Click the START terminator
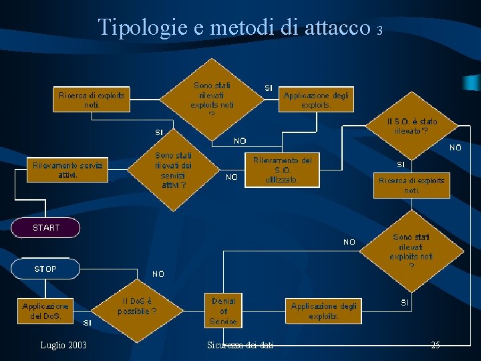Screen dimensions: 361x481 click(46, 228)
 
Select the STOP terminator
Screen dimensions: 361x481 click(45, 269)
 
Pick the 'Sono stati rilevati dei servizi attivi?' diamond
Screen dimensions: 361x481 click(173, 170)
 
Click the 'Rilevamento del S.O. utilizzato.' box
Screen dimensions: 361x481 click(282, 170)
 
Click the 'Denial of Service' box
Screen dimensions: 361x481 click(223, 312)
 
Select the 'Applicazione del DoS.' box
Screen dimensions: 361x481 click(45, 311)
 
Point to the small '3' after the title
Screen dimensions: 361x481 click(379, 31)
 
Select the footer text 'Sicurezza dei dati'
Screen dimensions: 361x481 click(240, 345)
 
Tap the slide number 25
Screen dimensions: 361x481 click(435, 345)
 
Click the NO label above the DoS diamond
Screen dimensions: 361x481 click(158, 274)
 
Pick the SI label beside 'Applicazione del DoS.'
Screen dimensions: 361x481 click(87, 323)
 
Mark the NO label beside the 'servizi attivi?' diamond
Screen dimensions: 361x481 click(232, 177)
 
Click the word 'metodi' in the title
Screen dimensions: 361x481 click(238, 27)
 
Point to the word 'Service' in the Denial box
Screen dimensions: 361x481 click(223, 322)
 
